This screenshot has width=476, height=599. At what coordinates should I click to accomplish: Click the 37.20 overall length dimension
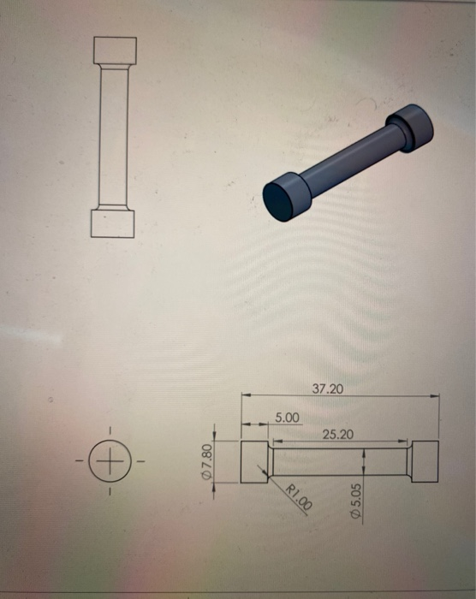point(328,388)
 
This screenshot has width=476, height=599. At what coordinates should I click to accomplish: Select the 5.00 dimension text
point(287,418)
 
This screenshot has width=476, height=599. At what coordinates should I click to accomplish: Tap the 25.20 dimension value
point(337,435)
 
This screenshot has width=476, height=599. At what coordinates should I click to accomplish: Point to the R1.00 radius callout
point(300,497)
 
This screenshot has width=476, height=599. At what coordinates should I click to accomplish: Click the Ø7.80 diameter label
point(206,461)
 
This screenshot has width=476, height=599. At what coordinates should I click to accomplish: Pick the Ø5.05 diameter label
point(356,501)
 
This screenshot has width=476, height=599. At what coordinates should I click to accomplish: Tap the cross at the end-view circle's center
point(110,461)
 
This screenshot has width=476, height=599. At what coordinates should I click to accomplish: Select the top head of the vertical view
point(115,50)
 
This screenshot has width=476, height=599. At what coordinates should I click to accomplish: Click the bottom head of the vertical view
point(113,223)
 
